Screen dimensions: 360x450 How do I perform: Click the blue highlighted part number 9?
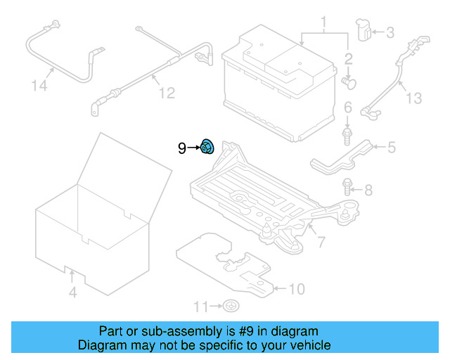208,148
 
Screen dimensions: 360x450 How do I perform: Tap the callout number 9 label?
181,148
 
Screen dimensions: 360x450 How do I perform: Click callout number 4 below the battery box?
72,292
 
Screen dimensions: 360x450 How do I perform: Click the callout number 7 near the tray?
321,243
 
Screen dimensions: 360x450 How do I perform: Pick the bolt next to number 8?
347,186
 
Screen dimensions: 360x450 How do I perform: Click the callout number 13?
414,98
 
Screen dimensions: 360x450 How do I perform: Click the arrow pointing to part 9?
193,148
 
